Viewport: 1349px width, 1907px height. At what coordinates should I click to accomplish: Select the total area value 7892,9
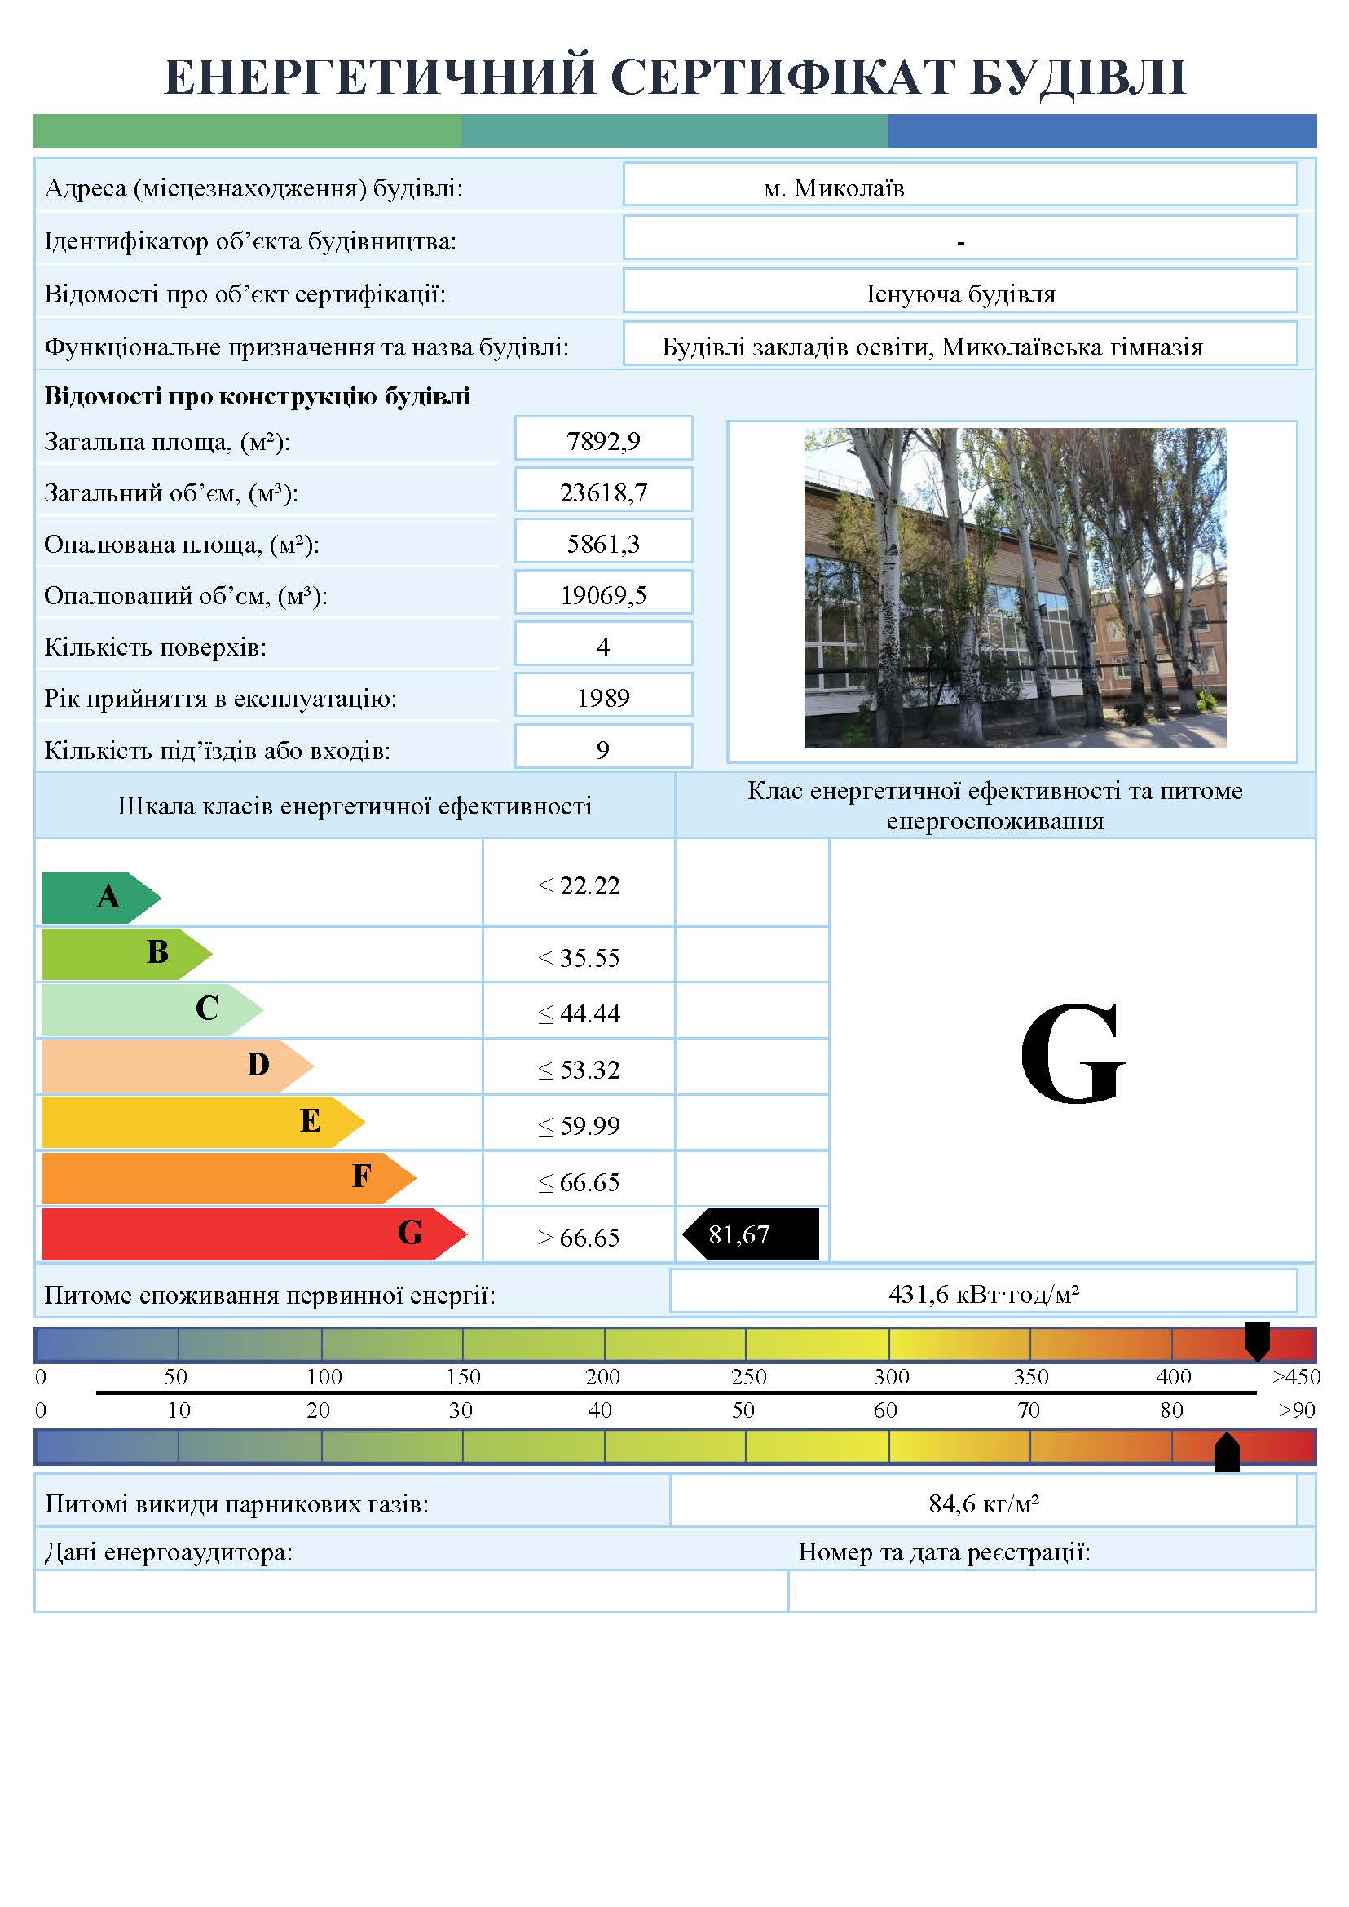(x=603, y=440)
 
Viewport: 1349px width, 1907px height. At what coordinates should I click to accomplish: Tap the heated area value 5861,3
(x=603, y=544)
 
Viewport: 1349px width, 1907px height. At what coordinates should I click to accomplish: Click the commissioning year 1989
(x=603, y=697)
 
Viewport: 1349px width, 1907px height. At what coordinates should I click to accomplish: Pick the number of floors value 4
(x=603, y=646)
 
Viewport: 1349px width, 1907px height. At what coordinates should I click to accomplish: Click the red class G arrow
(x=249, y=1234)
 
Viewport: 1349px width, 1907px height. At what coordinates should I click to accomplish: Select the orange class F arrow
(x=224, y=1177)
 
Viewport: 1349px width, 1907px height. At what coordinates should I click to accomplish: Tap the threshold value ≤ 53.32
(x=579, y=1070)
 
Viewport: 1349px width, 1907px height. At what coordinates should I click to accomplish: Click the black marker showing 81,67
(x=752, y=1234)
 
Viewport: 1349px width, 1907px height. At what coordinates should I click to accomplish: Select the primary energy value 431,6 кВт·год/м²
(x=984, y=1294)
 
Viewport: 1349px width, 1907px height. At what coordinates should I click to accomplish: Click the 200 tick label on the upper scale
(x=602, y=1377)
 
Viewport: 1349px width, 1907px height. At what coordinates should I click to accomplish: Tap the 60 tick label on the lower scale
(x=885, y=1410)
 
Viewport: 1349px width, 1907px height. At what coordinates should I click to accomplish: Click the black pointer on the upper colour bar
(x=1258, y=1340)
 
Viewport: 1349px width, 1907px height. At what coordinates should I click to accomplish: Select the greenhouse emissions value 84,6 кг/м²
(x=984, y=1503)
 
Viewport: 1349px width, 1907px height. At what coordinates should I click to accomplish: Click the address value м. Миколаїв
(x=834, y=188)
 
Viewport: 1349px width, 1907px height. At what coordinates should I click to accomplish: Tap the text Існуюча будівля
(x=960, y=294)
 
